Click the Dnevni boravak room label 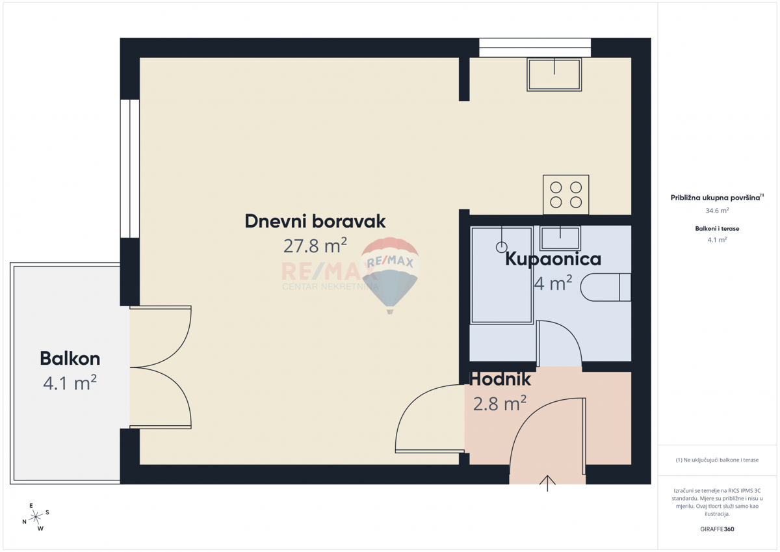315,221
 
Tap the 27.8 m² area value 315,246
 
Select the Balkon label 70,358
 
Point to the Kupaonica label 553,259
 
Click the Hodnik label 500,379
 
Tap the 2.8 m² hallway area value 500,403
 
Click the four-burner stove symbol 566,194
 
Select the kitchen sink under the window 554,75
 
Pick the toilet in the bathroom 606,287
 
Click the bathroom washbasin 560,238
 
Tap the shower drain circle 501,247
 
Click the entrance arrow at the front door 547,483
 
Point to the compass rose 36,517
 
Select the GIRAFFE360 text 717,529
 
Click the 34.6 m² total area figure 717,211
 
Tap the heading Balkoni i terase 717,228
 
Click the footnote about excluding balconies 717,460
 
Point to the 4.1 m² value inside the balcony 70,383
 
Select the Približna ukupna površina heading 717,197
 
